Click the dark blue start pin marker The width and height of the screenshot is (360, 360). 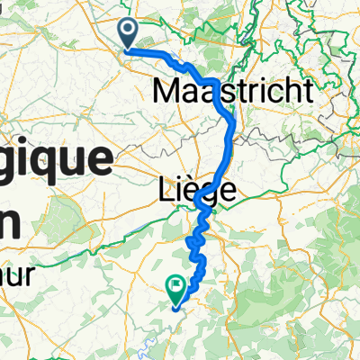128,35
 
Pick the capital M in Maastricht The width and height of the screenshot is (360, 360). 168,90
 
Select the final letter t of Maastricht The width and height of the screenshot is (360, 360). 309,90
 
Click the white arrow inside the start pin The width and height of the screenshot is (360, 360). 128,32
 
